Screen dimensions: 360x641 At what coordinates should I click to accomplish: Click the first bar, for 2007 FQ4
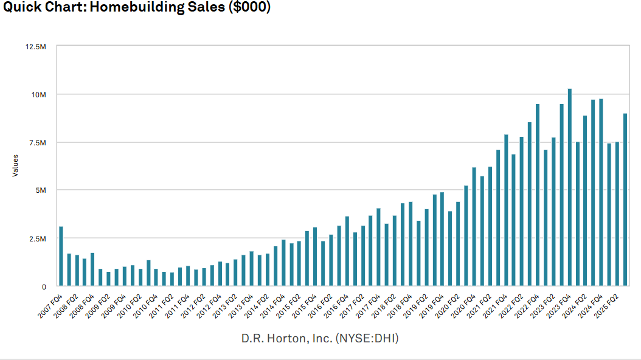click(61, 256)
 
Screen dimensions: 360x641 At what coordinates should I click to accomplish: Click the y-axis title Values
click(15, 165)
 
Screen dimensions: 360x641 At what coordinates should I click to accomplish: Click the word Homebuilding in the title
click(113, 7)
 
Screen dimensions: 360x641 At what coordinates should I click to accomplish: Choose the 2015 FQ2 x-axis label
click(289, 301)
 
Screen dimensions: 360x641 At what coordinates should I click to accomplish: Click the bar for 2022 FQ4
click(538, 195)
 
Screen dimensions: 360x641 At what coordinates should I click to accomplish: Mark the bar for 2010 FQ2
click(148, 273)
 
